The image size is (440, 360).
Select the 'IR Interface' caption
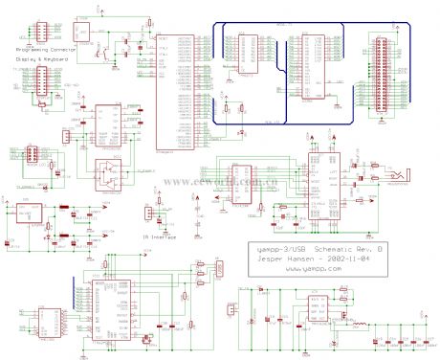tap(159, 236)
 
